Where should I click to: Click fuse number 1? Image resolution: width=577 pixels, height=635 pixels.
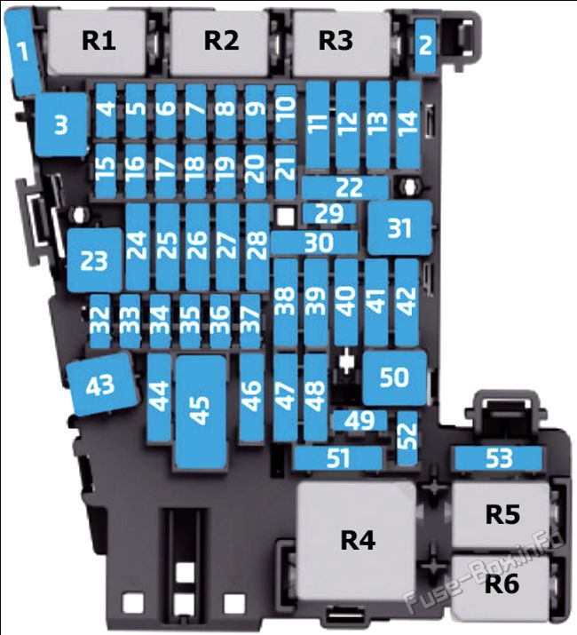tap(23, 52)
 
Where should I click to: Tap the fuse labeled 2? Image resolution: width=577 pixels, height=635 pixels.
tap(425, 45)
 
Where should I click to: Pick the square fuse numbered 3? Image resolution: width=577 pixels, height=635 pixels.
tap(61, 124)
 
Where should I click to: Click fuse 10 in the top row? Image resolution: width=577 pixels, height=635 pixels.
tap(286, 110)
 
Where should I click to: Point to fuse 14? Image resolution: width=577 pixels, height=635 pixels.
tap(407, 124)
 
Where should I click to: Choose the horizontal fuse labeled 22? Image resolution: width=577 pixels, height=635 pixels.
tap(345, 187)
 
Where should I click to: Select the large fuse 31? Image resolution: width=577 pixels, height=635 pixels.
tap(400, 227)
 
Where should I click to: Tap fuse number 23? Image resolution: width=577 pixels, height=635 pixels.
tap(95, 259)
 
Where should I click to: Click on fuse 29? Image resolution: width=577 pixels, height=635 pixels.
tap(329, 213)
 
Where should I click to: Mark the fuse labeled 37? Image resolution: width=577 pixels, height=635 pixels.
tap(249, 321)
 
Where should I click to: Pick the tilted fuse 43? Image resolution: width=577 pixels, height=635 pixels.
tap(101, 384)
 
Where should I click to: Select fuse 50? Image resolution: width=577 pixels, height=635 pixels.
tap(395, 377)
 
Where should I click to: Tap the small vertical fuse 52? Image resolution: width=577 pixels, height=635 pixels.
tap(407, 438)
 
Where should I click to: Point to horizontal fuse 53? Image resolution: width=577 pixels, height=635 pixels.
tap(498, 458)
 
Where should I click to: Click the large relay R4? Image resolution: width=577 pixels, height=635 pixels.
tap(357, 541)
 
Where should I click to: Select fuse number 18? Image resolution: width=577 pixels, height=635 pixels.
tap(195, 171)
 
